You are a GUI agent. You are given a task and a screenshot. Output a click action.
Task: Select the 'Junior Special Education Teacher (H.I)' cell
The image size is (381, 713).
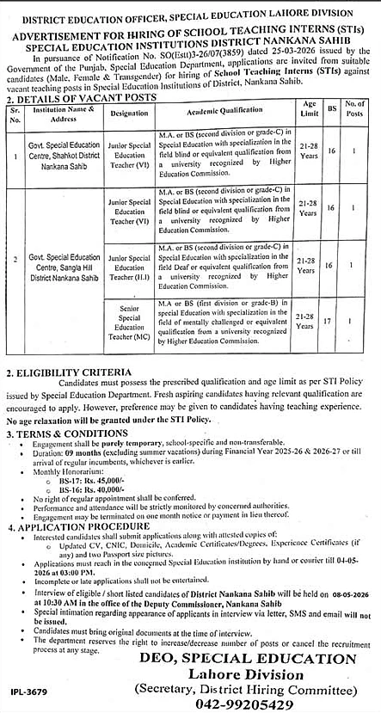coord(131,267)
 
